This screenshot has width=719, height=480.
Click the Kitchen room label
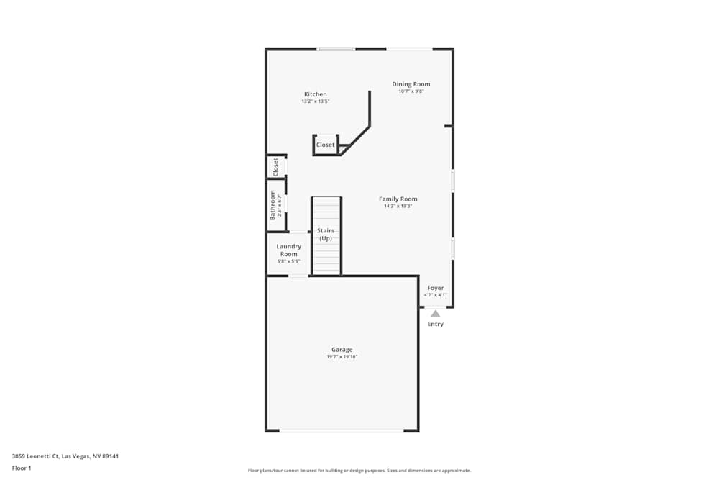tap(315, 94)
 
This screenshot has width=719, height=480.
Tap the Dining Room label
tap(411, 84)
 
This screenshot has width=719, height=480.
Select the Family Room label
tap(398, 199)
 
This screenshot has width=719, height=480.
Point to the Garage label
tap(342, 350)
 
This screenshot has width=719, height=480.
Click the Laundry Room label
tap(289, 250)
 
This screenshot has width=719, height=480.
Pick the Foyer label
tap(435, 288)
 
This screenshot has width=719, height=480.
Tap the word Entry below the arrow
tap(436, 324)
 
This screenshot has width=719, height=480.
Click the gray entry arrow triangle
tap(435, 313)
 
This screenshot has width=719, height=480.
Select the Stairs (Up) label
tap(326, 234)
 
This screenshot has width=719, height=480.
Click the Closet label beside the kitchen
tap(326, 145)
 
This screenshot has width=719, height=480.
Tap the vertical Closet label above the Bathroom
tap(275, 167)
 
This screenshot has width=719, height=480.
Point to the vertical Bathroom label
tap(273, 205)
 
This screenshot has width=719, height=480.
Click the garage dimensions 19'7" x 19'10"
tap(342, 357)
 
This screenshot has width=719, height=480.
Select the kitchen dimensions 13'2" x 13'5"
tap(315, 101)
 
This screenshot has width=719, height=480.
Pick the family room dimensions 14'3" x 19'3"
tap(398, 207)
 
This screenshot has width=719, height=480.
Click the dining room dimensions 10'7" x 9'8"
tap(411, 91)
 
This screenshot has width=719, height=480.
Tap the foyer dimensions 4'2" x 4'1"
tap(435, 295)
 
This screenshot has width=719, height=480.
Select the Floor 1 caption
tap(22, 468)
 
